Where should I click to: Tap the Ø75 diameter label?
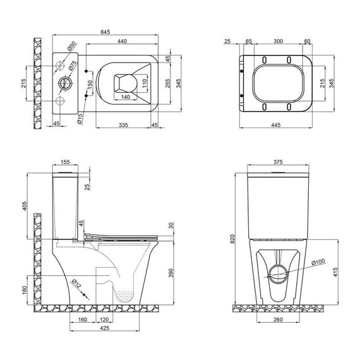[x=73, y=67]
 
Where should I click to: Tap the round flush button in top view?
[x=63, y=82]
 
